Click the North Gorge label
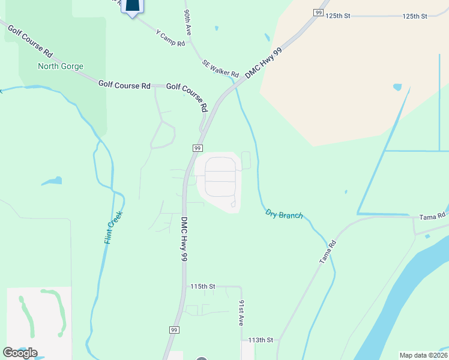pos(61,66)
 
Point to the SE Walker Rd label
pos(221,67)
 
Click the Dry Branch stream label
pos(284,214)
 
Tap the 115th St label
pos(203,287)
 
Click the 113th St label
pos(261,340)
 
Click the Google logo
pos(20,353)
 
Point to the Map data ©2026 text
pos(423,355)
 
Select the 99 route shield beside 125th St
pos(318,13)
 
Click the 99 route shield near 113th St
pos(174,330)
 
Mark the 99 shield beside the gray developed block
pos(197,148)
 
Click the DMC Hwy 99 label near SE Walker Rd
pos(263,63)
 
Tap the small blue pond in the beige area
pos(397,87)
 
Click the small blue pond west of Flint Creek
pos(53,181)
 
